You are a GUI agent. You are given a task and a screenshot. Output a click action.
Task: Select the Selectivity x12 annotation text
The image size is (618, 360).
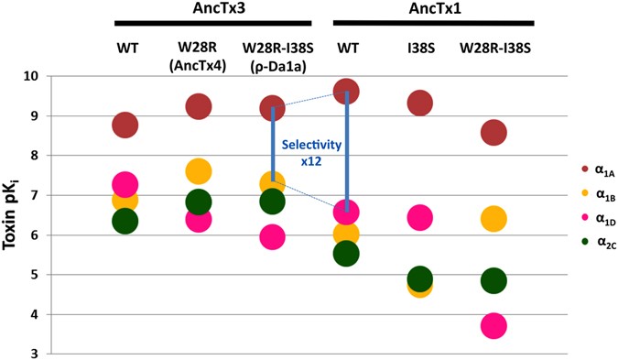(309, 152)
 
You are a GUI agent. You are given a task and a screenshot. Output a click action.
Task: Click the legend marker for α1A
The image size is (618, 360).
(561, 169)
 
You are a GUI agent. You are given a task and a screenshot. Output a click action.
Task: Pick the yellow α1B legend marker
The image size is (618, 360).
(561, 194)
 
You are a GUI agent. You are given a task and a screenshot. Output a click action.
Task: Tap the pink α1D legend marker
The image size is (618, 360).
(561, 219)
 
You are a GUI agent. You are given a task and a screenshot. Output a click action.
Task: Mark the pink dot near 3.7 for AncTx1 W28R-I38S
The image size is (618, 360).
(493, 325)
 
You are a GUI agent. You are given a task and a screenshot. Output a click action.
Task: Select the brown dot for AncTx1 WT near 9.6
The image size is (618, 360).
(345, 92)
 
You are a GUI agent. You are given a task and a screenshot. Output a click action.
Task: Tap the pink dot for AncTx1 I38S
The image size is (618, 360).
(419, 217)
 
